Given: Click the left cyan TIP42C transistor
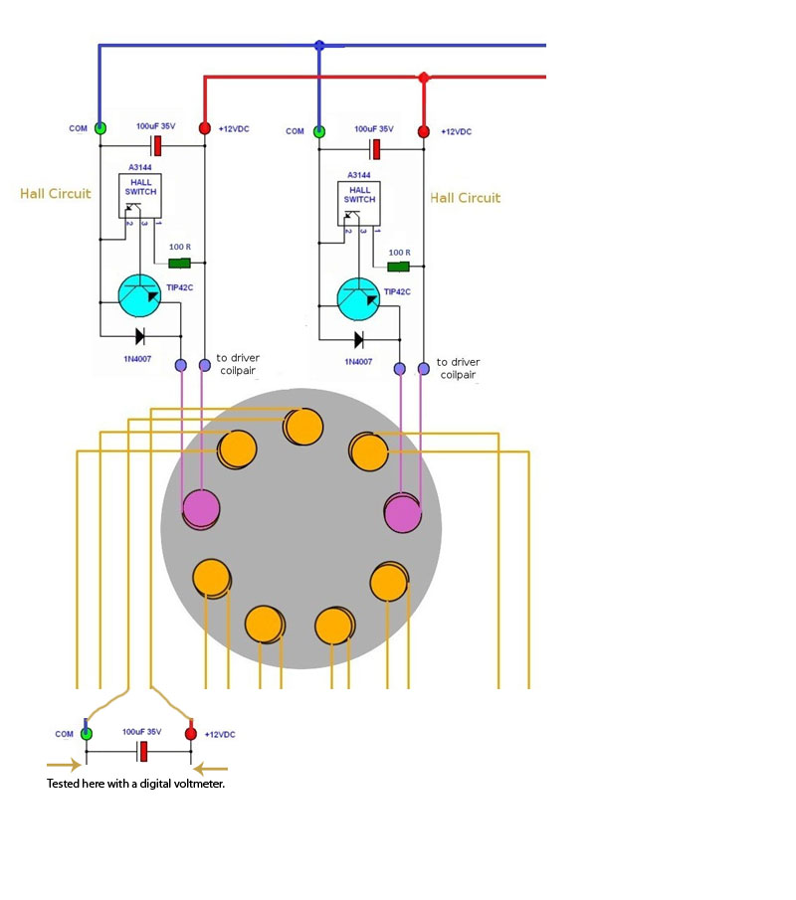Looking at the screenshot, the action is [x=139, y=295].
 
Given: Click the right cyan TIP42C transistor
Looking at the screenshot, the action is [x=358, y=299].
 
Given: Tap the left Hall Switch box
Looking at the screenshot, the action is [x=140, y=196].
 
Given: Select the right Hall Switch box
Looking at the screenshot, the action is [x=359, y=204].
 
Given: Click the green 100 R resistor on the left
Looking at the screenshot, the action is [x=179, y=263].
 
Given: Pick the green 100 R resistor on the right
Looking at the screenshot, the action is [x=398, y=267].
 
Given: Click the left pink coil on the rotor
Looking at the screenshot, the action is [x=201, y=509].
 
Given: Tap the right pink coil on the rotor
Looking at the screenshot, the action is [x=403, y=512].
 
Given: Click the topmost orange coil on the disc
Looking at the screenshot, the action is [x=303, y=427].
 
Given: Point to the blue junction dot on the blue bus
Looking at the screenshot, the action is [x=319, y=45].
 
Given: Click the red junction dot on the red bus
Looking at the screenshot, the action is [x=423, y=77].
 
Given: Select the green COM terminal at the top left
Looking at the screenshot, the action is [x=100, y=128].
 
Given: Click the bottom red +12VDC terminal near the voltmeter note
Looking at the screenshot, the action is [x=191, y=734].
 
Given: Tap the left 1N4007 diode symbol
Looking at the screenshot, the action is [x=139, y=336].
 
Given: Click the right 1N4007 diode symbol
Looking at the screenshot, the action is [x=358, y=340].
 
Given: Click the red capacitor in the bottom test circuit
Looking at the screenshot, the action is [x=143, y=752].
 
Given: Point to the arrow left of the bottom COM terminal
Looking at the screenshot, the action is [x=63, y=765].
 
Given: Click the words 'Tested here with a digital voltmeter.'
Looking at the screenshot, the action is [x=135, y=784].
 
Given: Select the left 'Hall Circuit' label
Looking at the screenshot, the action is [x=55, y=194].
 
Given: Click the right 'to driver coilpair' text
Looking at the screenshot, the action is [x=458, y=369].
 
